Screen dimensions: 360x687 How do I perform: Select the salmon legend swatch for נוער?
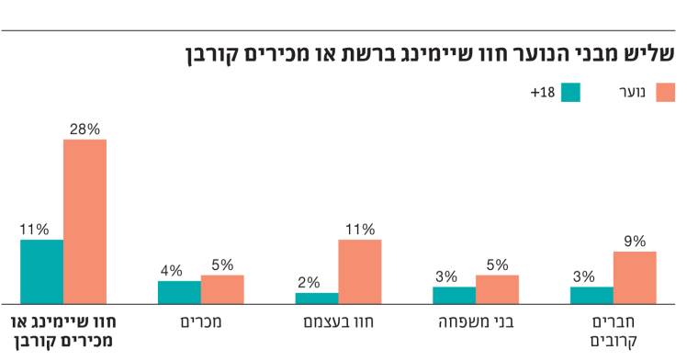coord(666,93)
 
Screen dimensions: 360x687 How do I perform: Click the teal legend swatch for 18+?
coord(571,93)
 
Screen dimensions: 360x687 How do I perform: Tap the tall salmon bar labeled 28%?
coord(84,220)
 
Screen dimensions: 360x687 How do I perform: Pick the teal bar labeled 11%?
coord(41,271)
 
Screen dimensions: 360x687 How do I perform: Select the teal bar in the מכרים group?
coord(179,292)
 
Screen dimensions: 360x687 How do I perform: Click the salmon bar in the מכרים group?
coord(222,289)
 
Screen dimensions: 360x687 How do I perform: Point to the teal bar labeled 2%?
coord(316,298)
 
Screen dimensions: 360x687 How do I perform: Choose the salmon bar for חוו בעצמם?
coord(359,271)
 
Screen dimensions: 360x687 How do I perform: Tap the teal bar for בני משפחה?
coord(454,295)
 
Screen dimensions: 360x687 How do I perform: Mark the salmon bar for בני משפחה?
coord(497,289)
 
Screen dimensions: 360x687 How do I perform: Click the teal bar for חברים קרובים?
coord(591,295)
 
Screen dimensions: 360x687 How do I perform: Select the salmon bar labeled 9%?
coord(635,276)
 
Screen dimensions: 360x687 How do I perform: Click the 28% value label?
coord(84,129)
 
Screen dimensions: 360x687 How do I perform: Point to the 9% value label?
coord(635,242)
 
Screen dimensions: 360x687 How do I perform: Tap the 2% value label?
coord(309,283)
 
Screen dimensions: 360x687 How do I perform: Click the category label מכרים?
coord(201,322)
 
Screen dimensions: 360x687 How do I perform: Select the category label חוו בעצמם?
coord(337,322)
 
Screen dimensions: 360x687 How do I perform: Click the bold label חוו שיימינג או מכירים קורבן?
coord(62,332)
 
